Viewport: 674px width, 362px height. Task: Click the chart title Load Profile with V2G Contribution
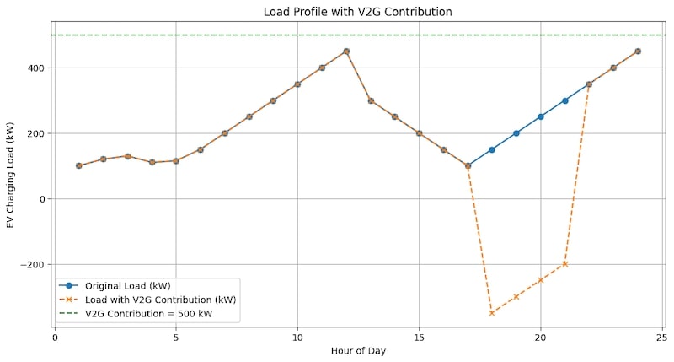(358, 11)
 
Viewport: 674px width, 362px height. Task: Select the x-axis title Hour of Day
(358, 350)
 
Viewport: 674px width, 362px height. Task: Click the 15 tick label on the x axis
(419, 338)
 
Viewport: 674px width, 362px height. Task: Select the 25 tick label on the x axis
(662, 338)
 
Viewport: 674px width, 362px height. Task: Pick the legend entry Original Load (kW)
(133, 285)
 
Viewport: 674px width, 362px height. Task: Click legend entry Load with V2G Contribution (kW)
(160, 300)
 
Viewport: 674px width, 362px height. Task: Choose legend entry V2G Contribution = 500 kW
(150, 314)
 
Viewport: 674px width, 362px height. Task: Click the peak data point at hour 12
(346, 51)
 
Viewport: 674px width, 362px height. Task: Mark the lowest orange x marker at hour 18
(492, 313)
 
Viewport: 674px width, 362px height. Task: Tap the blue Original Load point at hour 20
(541, 116)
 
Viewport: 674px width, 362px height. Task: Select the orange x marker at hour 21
(565, 264)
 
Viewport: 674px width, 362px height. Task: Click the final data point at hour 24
(638, 51)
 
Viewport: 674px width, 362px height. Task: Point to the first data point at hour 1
(78, 165)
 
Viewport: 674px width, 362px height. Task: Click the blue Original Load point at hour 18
(492, 149)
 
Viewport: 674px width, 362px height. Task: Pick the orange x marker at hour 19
(516, 297)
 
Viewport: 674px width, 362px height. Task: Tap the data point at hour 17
(468, 165)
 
